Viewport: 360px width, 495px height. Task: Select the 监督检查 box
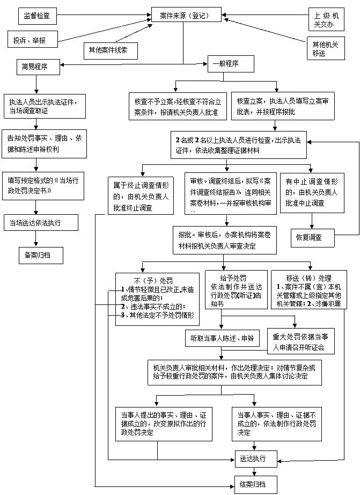pos(36,16)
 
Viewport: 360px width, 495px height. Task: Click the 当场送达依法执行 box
pos(40,222)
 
